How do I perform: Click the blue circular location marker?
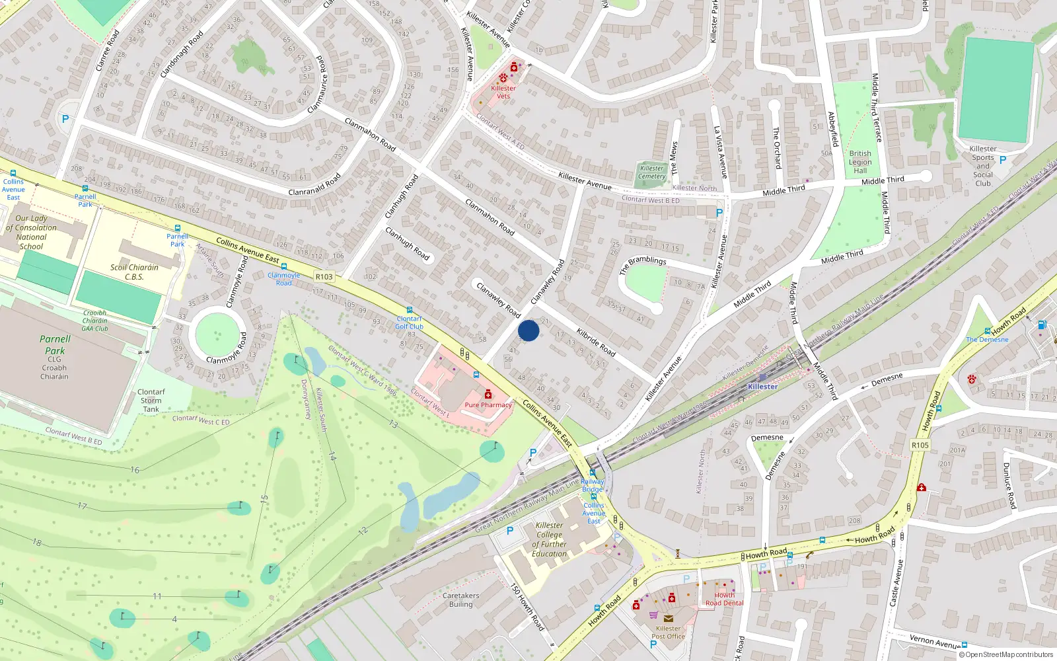[x=528, y=330]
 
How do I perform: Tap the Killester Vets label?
[x=503, y=92]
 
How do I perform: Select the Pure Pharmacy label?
[x=488, y=405]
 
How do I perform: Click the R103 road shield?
[x=324, y=277]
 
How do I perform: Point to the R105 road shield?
[x=920, y=445]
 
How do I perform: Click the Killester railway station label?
[x=763, y=387]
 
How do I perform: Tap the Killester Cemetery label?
[x=652, y=172]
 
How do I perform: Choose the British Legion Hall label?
[x=860, y=162]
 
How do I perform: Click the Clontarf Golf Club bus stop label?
[x=409, y=323]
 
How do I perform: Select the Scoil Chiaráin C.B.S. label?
[x=134, y=272]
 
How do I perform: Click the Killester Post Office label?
[x=668, y=633]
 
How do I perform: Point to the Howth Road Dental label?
[x=724, y=599]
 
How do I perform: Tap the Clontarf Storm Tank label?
[x=151, y=401]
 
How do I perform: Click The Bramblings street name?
[x=643, y=264]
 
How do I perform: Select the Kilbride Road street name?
[x=596, y=342]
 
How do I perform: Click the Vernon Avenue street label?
[x=935, y=641]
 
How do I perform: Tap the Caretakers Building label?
[x=461, y=600]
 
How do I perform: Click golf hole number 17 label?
[x=82, y=506]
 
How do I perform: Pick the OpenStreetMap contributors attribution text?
[x=1009, y=654]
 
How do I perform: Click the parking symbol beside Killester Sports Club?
[x=1003, y=160]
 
